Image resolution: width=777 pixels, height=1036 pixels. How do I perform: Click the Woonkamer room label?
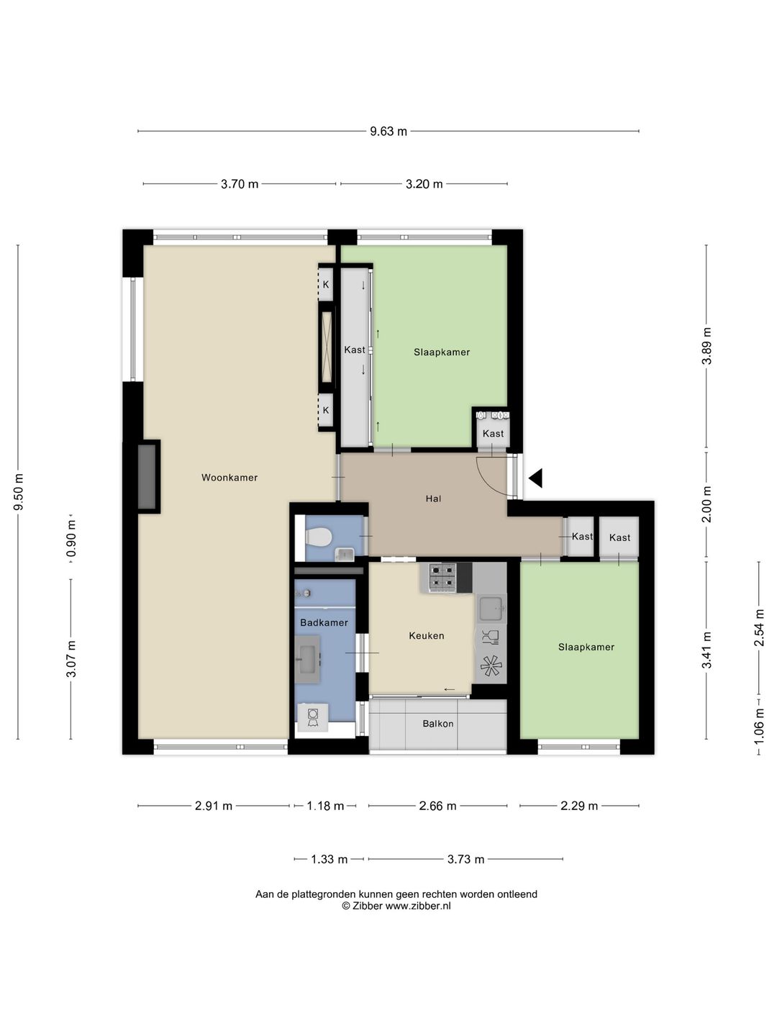point(230,478)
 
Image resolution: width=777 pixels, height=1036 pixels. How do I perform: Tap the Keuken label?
point(427,636)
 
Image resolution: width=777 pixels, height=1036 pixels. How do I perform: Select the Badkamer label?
point(324,622)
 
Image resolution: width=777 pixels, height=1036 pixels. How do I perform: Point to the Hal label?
point(433,499)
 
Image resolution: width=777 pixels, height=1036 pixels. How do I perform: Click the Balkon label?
point(438,724)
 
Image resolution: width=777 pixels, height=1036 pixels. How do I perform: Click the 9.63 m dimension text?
point(388,132)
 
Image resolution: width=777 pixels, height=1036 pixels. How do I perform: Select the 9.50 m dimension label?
point(19,492)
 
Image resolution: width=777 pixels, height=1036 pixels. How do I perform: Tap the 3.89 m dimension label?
point(706,346)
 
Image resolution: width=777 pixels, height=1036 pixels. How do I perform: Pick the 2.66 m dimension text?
point(438,806)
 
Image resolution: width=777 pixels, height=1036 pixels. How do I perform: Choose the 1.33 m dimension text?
point(330,860)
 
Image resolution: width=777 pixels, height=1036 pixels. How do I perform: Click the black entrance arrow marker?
point(535,478)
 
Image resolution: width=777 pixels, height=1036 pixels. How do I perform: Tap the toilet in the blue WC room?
point(319,536)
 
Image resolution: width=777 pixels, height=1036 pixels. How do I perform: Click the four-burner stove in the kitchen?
point(442,578)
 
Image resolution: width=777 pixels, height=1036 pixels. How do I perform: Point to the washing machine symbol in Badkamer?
point(312,717)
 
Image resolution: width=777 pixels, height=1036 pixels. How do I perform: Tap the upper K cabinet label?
point(325,285)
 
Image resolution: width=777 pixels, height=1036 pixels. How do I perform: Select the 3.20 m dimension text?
point(424,184)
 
